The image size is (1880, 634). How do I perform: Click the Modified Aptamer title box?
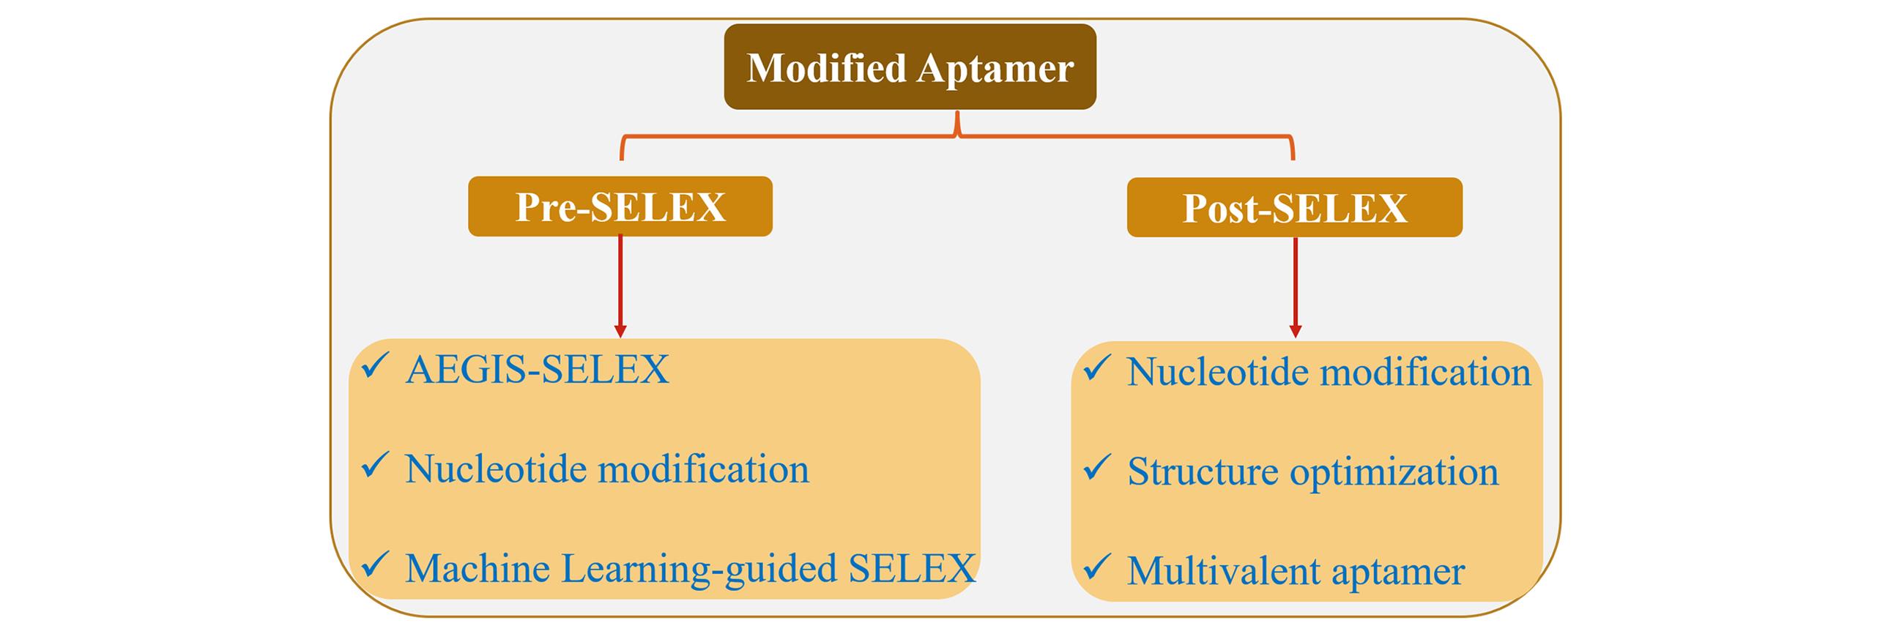[x=910, y=67]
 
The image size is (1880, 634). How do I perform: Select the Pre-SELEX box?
[x=620, y=206]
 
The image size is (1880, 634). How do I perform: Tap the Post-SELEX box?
[x=1294, y=208]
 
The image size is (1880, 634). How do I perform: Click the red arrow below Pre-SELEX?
[x=620, y=286]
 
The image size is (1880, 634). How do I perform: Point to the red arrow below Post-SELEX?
[x=1295, y=287]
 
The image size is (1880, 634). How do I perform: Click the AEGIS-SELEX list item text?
[x=537, y=369]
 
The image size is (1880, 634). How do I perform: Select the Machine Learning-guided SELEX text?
[x=690, y=568]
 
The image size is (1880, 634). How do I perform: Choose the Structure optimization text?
[x=1312, y=471]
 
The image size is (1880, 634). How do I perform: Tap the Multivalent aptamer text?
[x=1296, y=571]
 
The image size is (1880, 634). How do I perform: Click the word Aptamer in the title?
[x=995, y=69]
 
